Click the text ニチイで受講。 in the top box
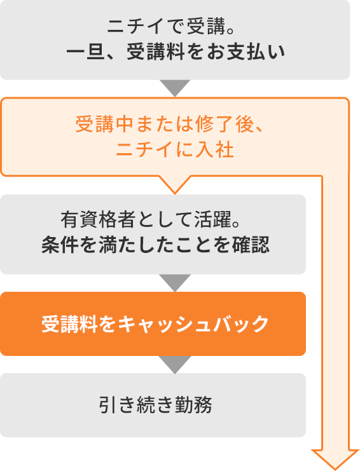point(171,27)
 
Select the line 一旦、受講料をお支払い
point(176,52)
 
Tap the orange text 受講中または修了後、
point(170,124)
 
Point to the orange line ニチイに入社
point(175,149)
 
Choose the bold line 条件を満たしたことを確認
point(155,245)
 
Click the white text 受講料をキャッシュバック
point(155,324)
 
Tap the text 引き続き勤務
point(156,405)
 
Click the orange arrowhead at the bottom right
point(335,459)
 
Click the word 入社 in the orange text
point(214,149)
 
